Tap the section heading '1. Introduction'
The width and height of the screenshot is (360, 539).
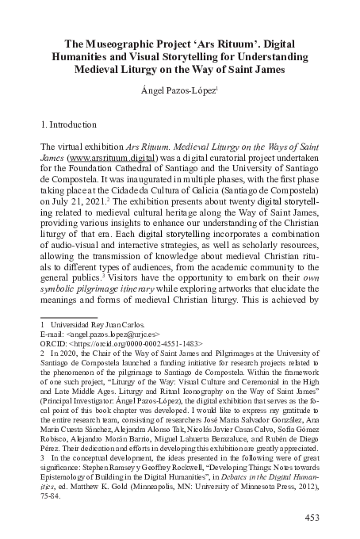[67, 125]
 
